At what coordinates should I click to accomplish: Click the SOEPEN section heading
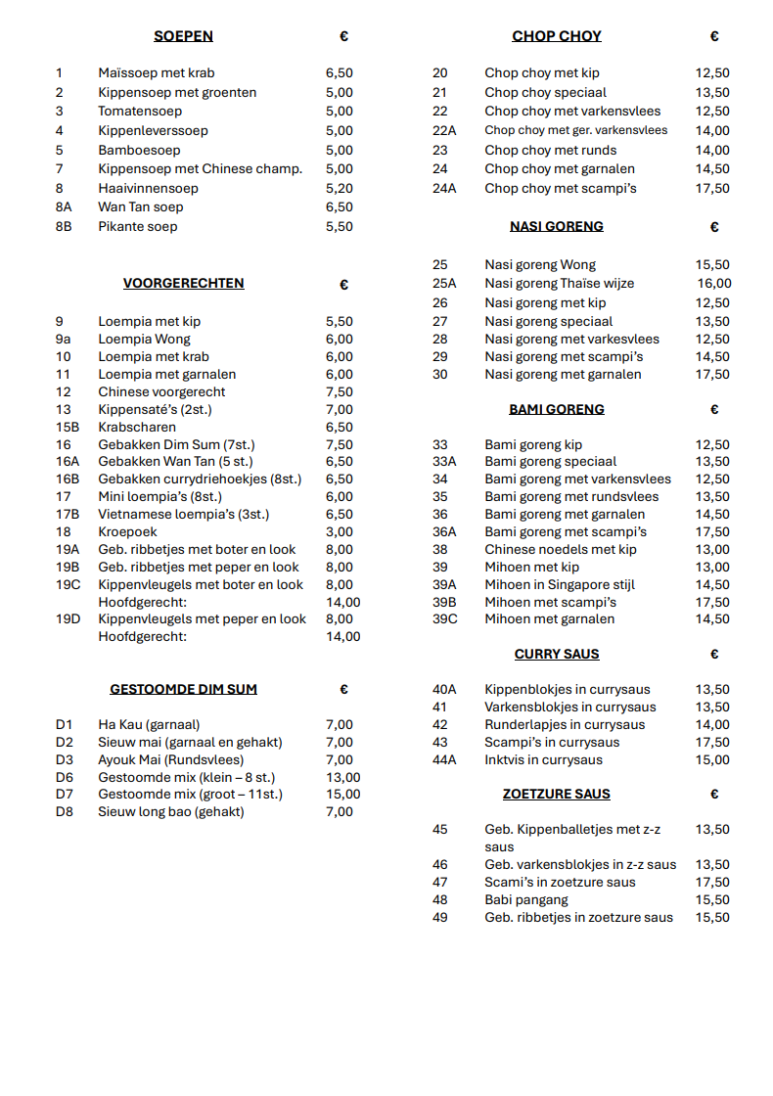point(183,36)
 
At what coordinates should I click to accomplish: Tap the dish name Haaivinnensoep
point(148,188)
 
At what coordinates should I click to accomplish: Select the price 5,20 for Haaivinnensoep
point(340,188)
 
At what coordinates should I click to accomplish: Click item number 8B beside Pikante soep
point(64,226)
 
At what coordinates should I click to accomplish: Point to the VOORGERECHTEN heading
point(183,284)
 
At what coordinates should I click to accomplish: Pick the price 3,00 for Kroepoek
point(340,531)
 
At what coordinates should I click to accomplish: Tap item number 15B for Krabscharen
point(68,427)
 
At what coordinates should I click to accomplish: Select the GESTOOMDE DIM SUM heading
point(183,689)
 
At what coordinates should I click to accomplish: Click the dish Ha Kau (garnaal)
point(149,724)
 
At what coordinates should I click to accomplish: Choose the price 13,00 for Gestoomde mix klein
point(342,777)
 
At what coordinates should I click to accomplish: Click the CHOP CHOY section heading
point(557,36)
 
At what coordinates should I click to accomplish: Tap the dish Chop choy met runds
point(550,150)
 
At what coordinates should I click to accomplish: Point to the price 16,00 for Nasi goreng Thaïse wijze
point(714,284)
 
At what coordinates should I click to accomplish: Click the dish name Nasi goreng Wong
point(540,264)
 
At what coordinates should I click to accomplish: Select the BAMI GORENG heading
point(557,409)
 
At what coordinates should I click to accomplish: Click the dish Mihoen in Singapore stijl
point(560,584)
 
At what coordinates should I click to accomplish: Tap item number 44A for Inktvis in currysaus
point(444,759)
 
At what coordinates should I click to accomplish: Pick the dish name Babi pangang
point(526,899)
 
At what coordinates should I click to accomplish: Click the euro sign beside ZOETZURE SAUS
point(714,795)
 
